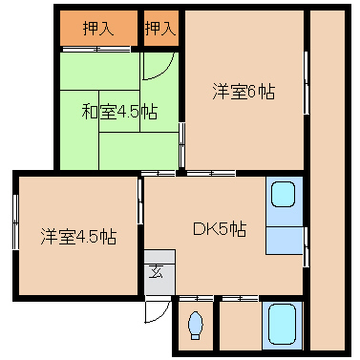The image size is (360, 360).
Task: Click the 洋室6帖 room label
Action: [x=244, y=92]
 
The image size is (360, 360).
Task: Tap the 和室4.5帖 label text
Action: [x=118, y=112]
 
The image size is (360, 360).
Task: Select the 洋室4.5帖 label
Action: [x=78, y=235]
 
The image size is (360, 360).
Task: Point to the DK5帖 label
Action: [x=220, y=229]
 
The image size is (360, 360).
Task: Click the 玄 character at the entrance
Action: [x=156, y=270]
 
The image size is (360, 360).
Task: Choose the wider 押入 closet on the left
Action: [x=97, y=29]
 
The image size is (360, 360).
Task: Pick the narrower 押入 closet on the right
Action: [x=159, y=29]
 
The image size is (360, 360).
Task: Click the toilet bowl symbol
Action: [x=196, y=326]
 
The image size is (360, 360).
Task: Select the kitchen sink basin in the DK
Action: [x=284, y=196]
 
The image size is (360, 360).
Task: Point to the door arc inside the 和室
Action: [x=156, y=67]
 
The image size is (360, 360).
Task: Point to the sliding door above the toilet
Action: [x=196, y=299]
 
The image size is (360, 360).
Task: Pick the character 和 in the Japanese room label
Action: [x=87, y=112]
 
